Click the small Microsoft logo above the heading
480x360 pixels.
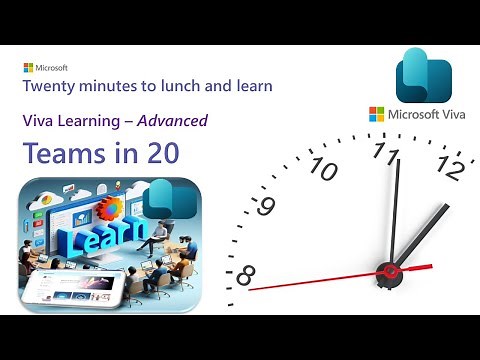(28, 68)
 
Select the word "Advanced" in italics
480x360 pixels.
(173, 121)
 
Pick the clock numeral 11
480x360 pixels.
(386, 152)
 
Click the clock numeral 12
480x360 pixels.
(450, 170)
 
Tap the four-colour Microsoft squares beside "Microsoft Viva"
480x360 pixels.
(376, 115)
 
